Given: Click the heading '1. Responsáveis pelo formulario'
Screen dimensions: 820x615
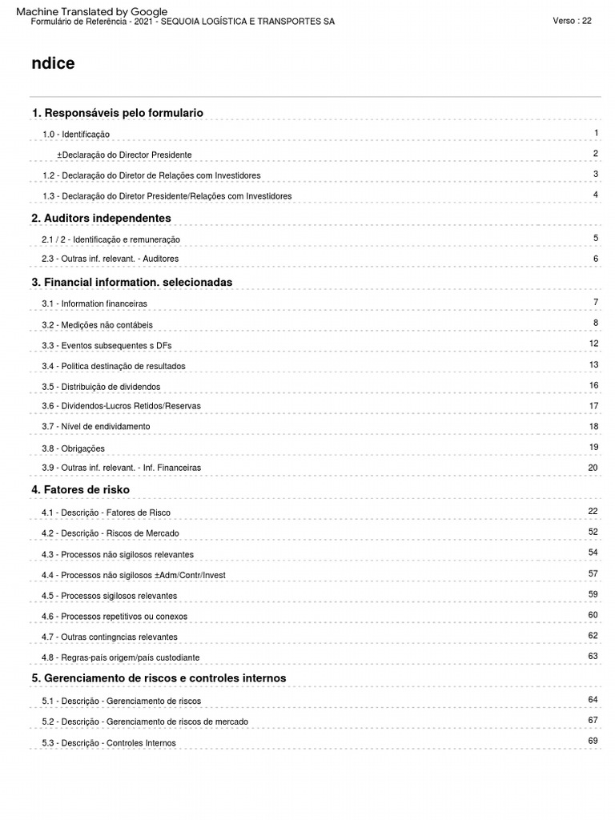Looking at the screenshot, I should pyautogui.click(x=117, y=113).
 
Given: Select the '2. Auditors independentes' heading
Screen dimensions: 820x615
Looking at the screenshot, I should pyautogui.click(x=101, y=218).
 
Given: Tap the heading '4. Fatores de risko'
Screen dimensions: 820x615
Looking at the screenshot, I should pyautogui.click(x=80, y=489).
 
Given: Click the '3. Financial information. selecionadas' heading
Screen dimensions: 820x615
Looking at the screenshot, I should pyautogui.click(x=131, y=282).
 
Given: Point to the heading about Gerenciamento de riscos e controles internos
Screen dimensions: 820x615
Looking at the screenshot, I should pyautogui.click(x=159, y=678).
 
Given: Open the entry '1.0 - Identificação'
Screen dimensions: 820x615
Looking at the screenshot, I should pyautogui.click(x=76, y=135).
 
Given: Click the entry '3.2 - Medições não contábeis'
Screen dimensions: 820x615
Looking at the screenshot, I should pyautogui.click(x=97, y=325).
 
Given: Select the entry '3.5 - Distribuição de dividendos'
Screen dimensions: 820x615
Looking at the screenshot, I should pyautogui.click(x=101, y=387).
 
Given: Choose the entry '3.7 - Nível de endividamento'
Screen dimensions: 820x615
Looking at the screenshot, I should pyautogui.click(x=95, y=426).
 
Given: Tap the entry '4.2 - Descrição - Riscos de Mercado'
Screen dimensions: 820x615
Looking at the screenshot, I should pyautogui.click(x=111, y=533).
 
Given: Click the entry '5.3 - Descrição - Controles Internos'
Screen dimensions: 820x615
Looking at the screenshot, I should pyautogui.click(x=109, y=743).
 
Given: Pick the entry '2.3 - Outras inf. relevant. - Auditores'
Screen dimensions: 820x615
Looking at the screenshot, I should pyautogui.click(x=111, y=259).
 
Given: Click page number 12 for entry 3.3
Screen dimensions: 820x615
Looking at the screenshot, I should pyautogui.click(x=593, y=344).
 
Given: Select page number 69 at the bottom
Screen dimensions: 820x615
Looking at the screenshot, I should pyautogui.click(x=593, y=741).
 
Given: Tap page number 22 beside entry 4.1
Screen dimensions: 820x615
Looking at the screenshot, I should pyautogui.click(x=593, y=511).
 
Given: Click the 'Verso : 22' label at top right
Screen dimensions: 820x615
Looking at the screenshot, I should pyautogui.click(x=572, y=21).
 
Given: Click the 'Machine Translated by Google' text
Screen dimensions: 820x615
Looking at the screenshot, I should pyautogui.click(x=92, y=11).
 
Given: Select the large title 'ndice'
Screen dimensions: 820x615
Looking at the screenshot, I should pyautogui.click(x=54, y=64).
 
